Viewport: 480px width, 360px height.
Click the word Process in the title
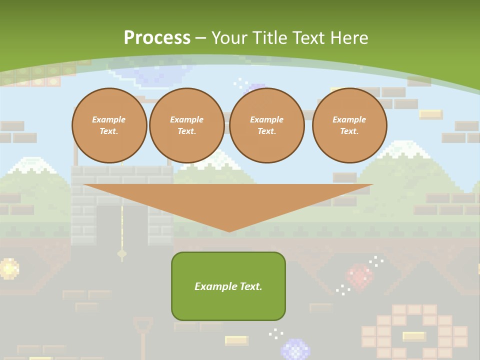tap(157, 38)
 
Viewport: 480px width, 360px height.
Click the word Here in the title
tap(349, 38)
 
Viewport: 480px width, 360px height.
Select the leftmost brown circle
tap(109, 125)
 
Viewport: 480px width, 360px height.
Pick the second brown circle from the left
tap(186, 125)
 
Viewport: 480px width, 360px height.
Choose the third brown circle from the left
tap(266, 125)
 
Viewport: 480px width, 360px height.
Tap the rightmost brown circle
tap(349, 125)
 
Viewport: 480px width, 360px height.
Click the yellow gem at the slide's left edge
tap(8, 268)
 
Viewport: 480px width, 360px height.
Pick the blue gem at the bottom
tap(295, 349)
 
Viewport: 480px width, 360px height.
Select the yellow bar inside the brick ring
tap(414, 336)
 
